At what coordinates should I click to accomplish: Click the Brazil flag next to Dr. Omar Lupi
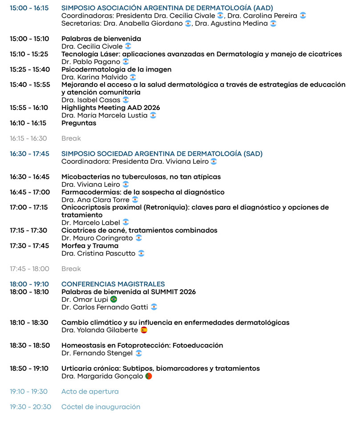tap(113, 300)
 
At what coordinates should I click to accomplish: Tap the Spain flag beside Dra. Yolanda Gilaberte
tap(144, 330)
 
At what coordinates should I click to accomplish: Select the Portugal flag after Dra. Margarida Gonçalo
tap(149, 376)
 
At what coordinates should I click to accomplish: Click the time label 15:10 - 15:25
tap(29, 54)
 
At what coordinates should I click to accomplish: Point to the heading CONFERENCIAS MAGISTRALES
tap(113, 284)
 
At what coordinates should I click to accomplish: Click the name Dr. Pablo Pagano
tap(91, 62)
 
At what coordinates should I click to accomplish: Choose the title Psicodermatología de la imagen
tap(116, 69)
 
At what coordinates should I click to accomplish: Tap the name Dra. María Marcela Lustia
tap(105, 115)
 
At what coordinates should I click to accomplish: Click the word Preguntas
tap(79, 123)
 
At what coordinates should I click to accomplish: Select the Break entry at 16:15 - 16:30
tap(71, 138)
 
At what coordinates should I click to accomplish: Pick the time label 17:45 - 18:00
tap(29, 269)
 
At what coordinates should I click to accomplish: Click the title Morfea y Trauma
tap(90, 246)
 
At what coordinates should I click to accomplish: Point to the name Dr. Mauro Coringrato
tap(97, 238)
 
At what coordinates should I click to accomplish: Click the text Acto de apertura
tap(90, 392)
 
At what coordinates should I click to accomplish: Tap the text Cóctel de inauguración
tap(101, 407)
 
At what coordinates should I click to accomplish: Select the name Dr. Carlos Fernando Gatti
tap(105, 307)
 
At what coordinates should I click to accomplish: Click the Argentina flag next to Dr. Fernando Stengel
tap(139, 353)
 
